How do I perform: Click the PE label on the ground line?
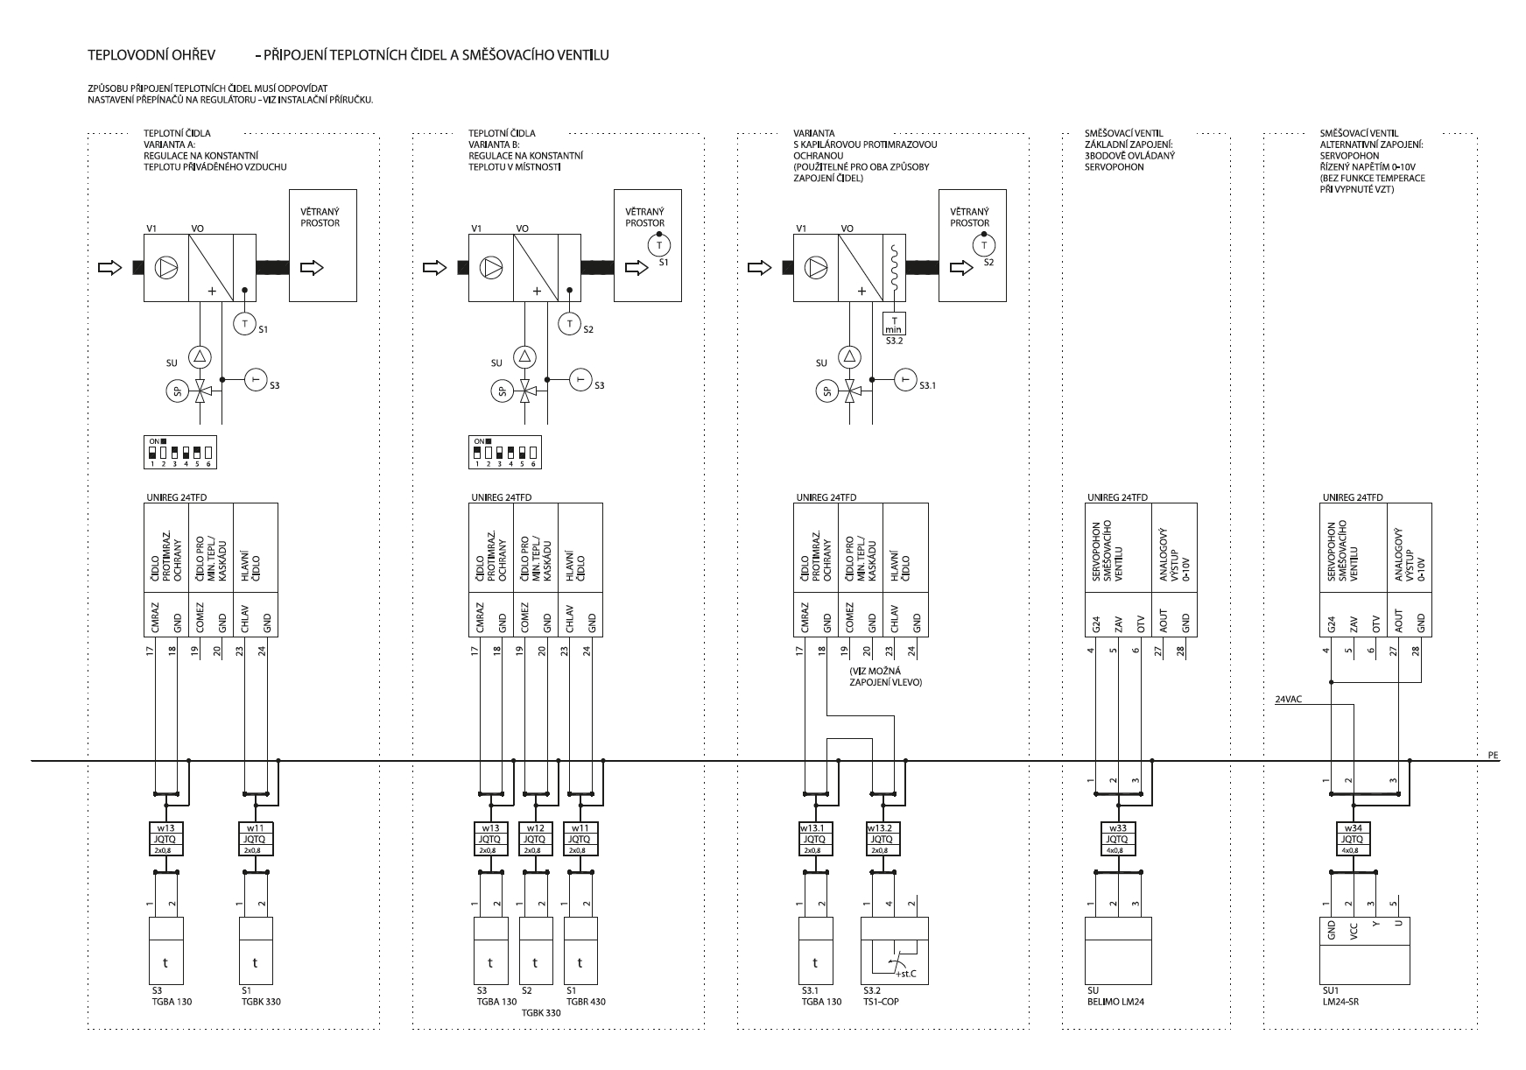(1494, 754)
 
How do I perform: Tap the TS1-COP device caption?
(881, 1002)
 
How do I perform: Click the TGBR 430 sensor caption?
(586, 1002)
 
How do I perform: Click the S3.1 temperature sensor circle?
(904, 380)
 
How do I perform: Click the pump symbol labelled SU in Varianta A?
(201, 355)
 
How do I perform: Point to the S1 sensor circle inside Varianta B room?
(662, 245)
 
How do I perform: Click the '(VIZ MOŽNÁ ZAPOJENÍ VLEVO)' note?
(886, 676)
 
